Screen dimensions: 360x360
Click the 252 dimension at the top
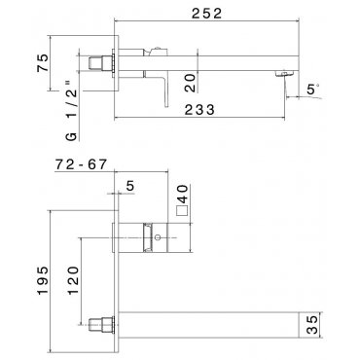206,14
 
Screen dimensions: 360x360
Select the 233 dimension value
199,110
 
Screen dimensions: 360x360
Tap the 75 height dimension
43,63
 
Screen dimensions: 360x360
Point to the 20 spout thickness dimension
191,83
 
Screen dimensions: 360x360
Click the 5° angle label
313,89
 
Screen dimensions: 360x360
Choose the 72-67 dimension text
81,164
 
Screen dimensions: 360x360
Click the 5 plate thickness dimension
129,186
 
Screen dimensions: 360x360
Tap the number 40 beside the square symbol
183,194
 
